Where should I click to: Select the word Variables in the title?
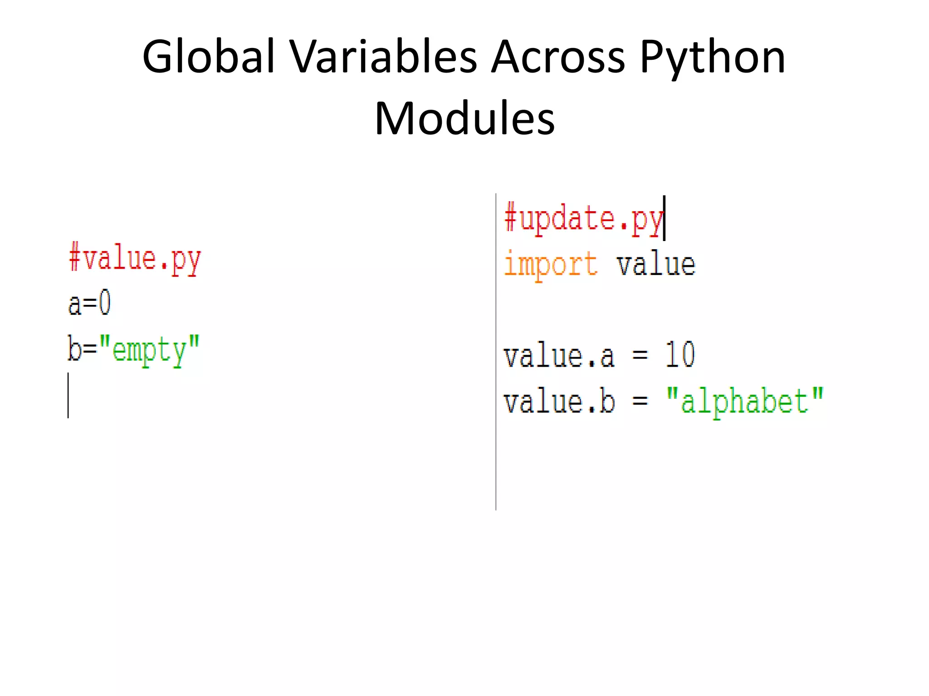tap(383, 57)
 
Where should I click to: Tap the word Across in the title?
tap(558, 57)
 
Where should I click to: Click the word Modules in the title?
tap(464, 119)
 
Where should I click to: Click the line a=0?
tap(89, 304)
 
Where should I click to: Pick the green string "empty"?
tap(149, 350)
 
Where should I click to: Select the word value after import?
tap(655, 265)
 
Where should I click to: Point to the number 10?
tap(680, 355)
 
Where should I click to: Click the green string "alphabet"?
tap(744, 401)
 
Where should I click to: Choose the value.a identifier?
tap(559, 356)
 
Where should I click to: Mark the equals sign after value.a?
tap(640, 355)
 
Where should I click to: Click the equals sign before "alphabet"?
tap(640, 401)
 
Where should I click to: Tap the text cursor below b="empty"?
tap(68, 395)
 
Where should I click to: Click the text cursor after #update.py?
tap(664, 218)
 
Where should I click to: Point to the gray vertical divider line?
tap(496, 453)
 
